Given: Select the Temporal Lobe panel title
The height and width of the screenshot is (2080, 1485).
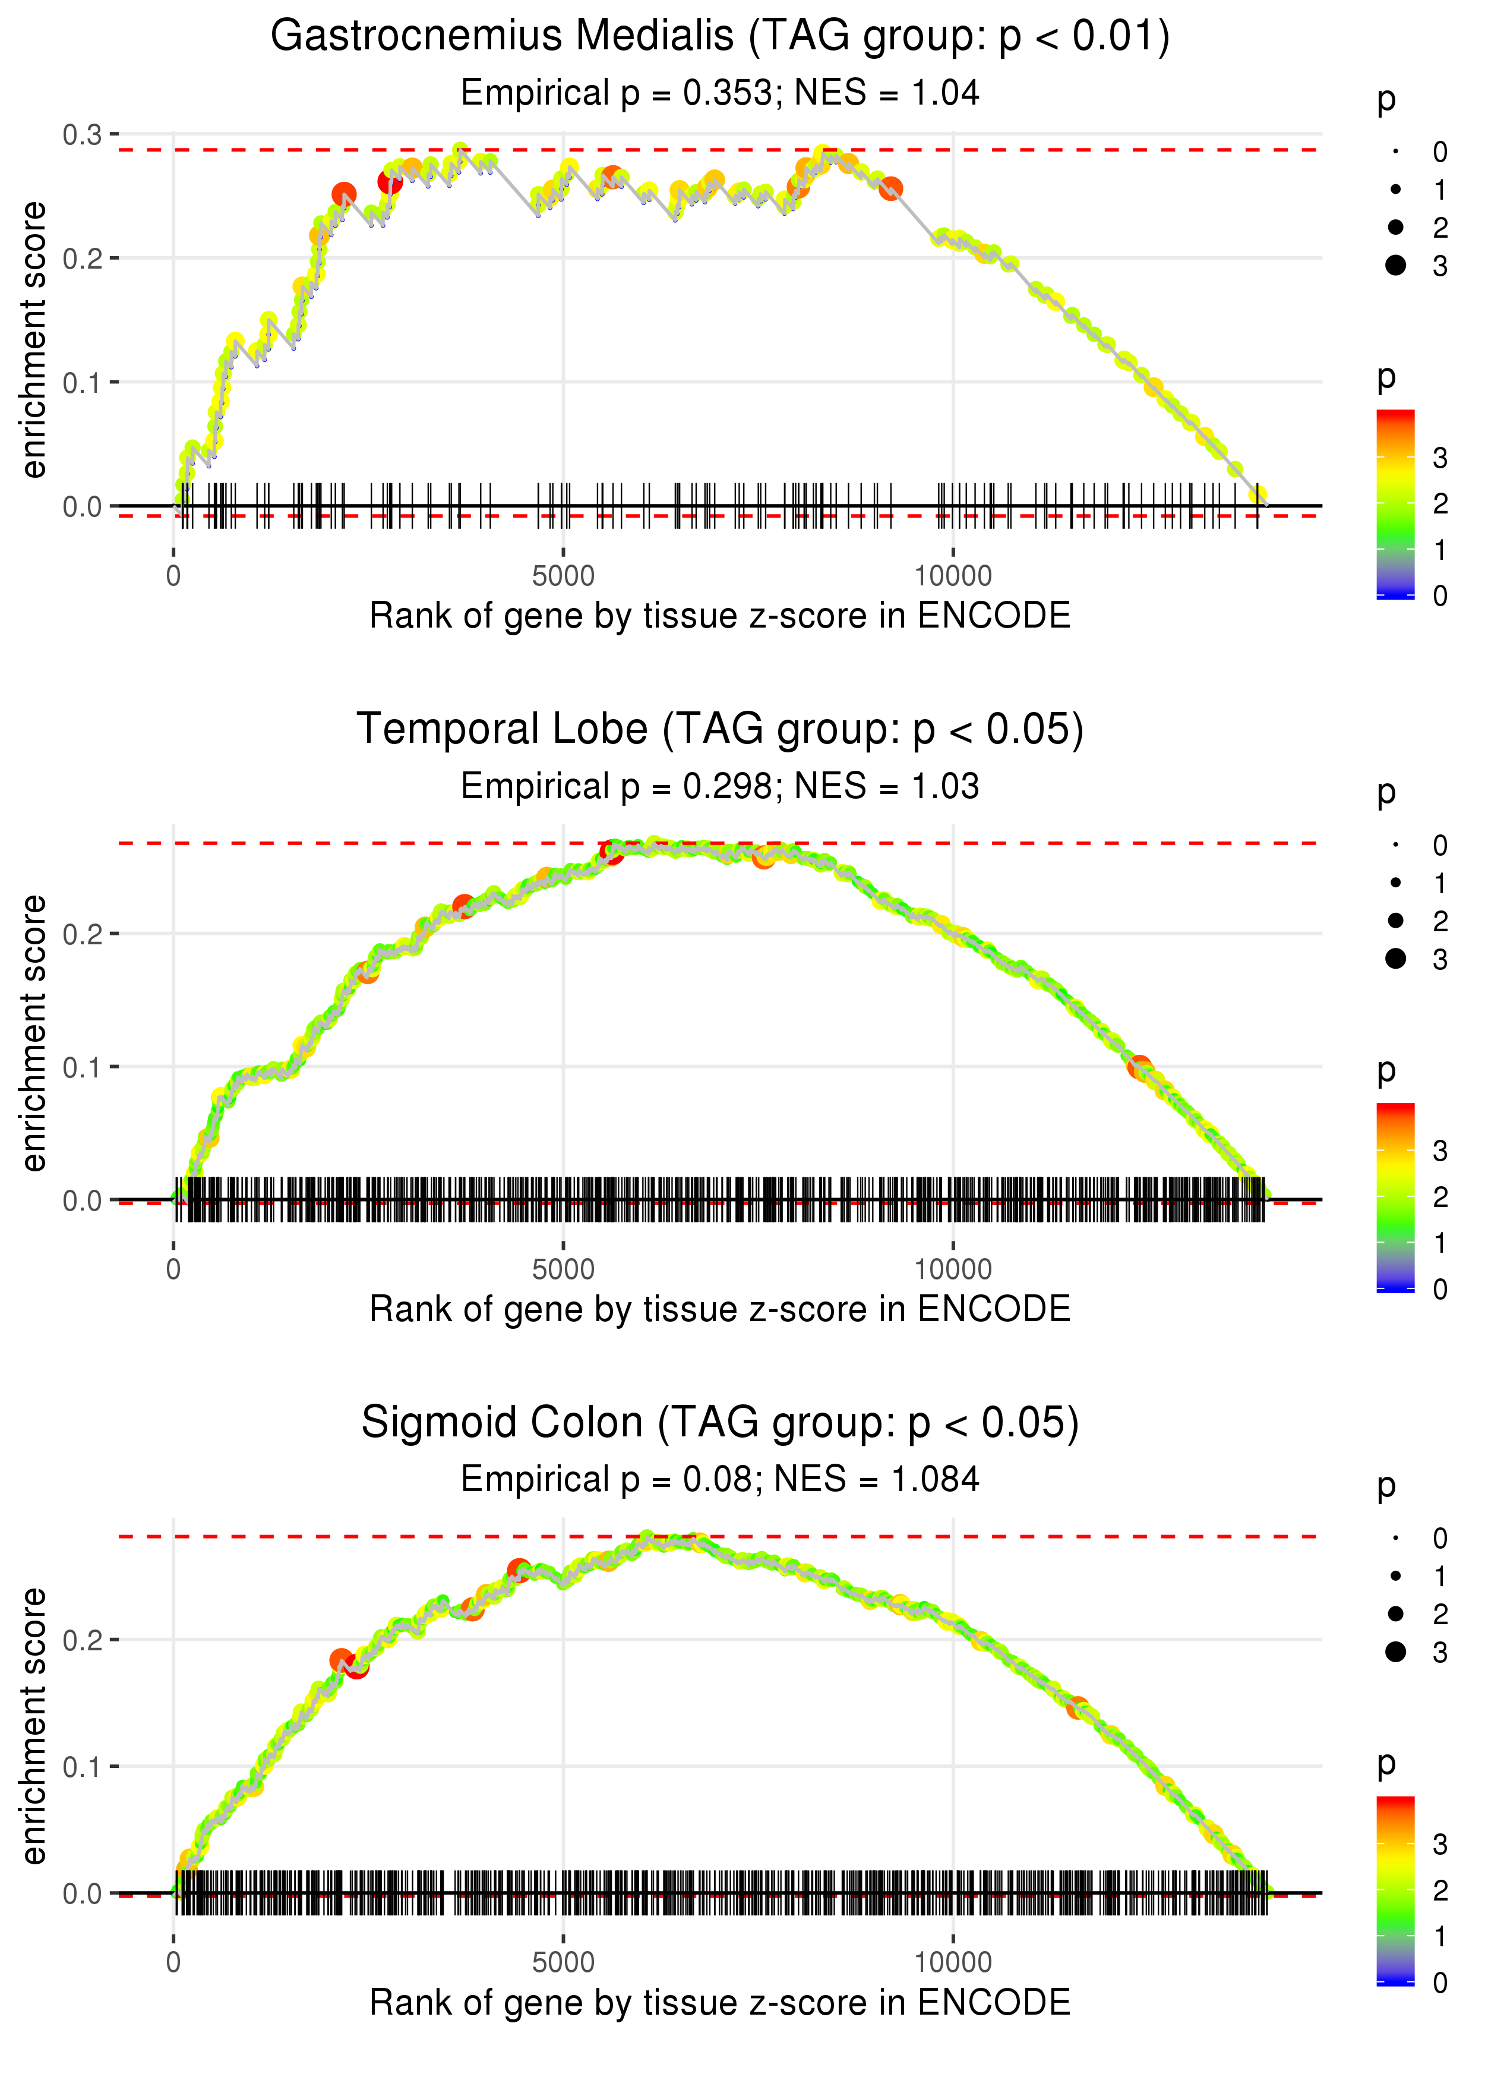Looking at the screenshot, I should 720,729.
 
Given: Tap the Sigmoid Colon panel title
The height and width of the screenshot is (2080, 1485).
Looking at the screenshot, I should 720,1422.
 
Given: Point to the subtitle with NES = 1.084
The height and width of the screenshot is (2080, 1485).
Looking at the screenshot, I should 720,1479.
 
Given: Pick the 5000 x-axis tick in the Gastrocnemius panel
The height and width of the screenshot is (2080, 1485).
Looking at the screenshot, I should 563,576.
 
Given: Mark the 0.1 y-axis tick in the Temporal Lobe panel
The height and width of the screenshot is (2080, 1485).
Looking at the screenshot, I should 83,1067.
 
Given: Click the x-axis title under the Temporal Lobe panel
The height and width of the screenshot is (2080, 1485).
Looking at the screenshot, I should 720,1309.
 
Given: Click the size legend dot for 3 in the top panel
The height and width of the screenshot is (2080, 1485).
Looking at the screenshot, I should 1395,265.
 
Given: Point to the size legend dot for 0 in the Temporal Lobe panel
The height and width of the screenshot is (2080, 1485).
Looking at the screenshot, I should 1395,845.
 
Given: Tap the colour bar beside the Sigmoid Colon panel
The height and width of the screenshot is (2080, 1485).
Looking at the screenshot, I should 1395,1890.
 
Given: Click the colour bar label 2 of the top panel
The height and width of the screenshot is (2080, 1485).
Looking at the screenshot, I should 1440,504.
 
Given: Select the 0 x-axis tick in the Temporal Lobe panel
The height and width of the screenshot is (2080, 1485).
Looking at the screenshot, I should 173,1269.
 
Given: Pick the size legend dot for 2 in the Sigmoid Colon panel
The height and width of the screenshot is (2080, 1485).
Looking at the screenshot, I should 1395,1613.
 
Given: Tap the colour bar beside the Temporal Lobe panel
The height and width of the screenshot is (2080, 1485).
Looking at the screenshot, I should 1395,1196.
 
